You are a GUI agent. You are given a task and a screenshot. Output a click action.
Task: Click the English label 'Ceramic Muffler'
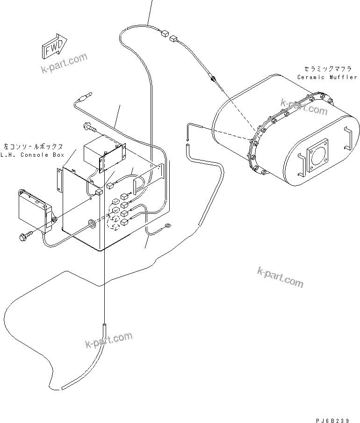pos(327,77)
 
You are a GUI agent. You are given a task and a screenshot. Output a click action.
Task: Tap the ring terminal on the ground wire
pos(165,228)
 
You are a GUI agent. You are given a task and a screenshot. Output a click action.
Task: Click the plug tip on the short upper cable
pos(84,99)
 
